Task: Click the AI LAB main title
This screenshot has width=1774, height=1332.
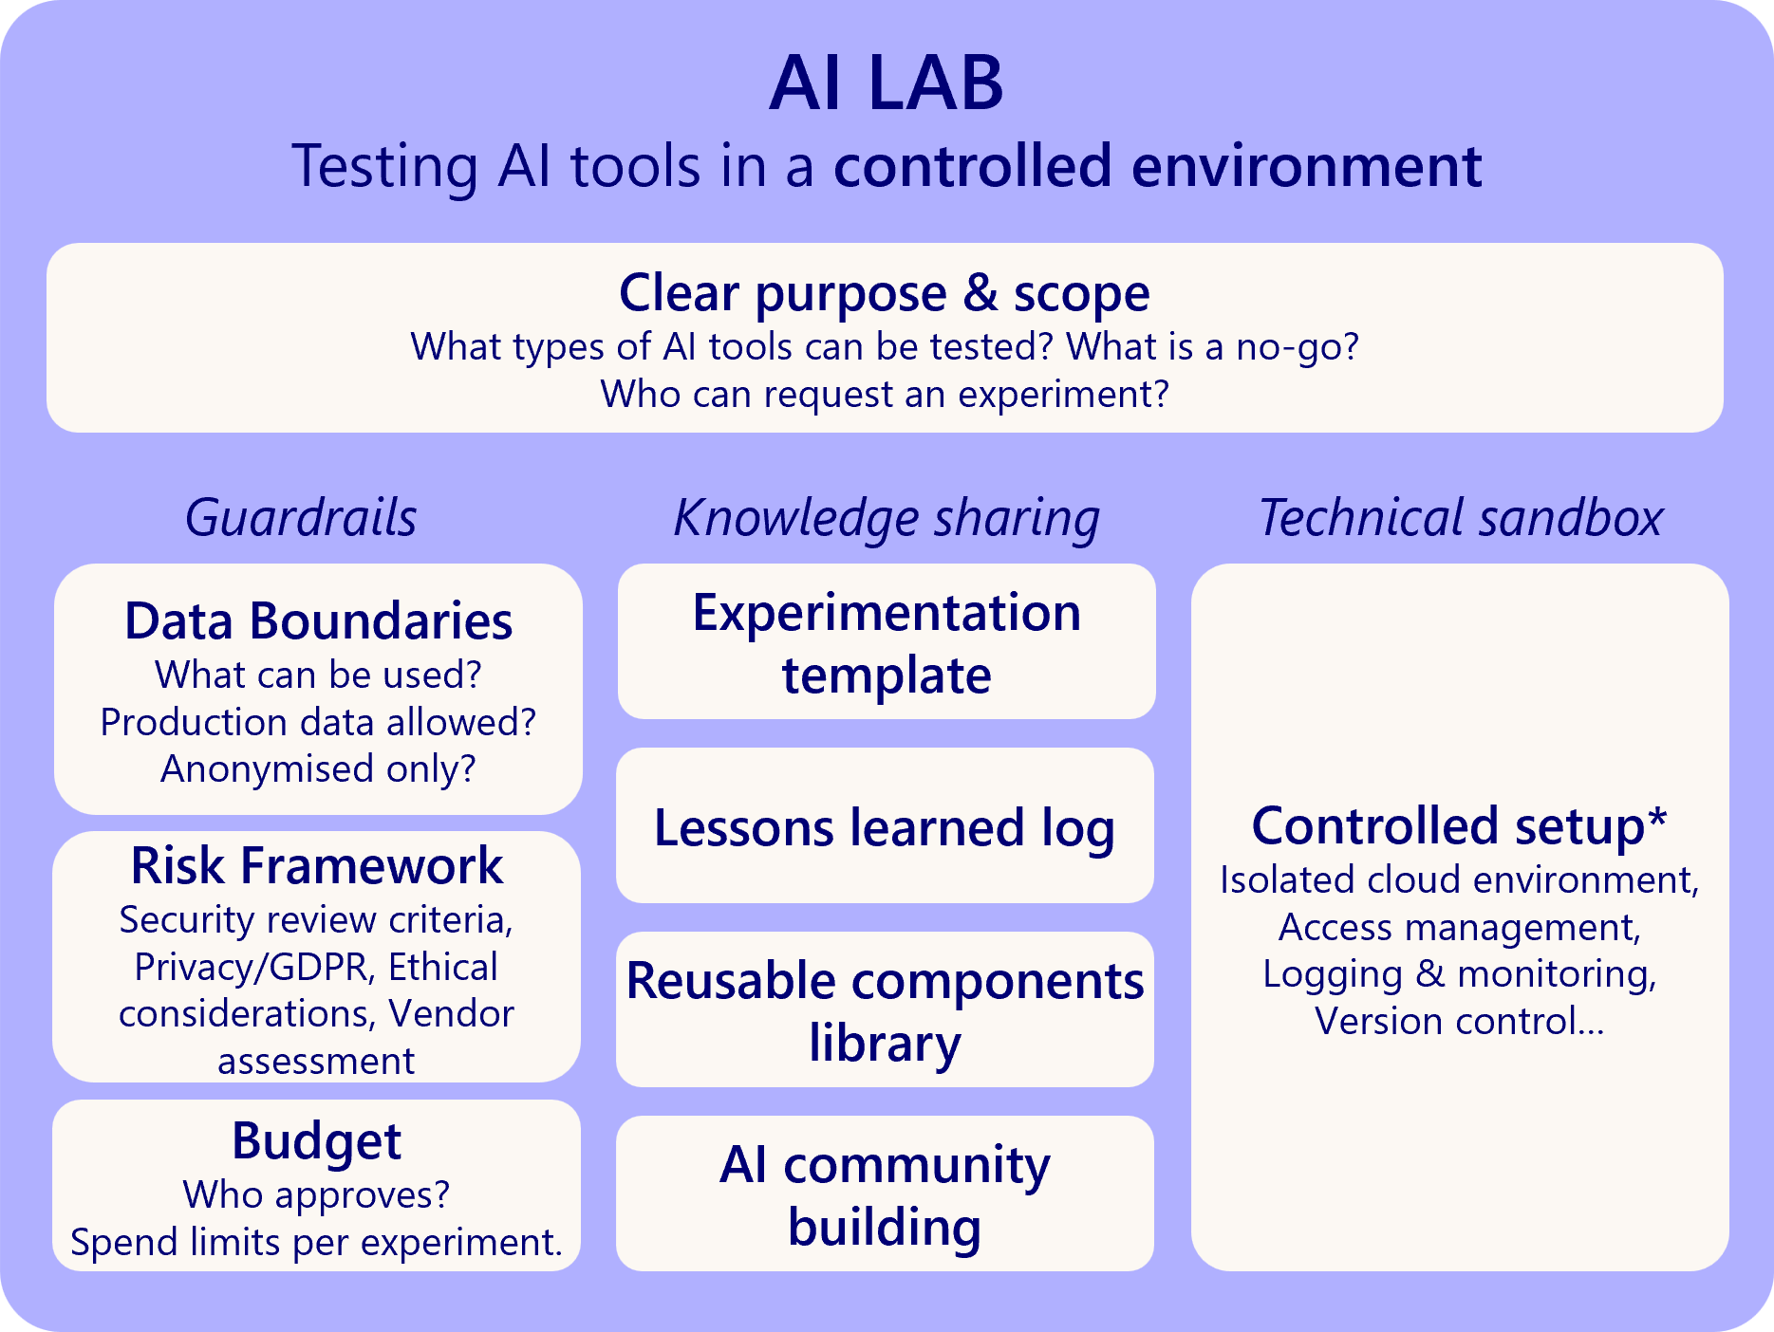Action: (886, 83)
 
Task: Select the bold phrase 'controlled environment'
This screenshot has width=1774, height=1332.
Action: (1157, 166)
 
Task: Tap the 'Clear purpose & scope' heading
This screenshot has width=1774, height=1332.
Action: (884, 293)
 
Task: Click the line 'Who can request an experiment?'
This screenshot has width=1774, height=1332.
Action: (884, 394)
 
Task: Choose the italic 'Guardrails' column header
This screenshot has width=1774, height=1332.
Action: (301, 518)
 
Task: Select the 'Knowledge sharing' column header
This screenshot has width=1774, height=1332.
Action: (886, 519)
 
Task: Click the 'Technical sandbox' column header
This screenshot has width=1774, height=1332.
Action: (1460, 518)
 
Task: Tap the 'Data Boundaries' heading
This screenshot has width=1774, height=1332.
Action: (318, 621)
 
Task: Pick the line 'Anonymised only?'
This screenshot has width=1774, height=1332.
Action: (318, 768)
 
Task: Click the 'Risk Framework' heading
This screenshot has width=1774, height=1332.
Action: (317, 865)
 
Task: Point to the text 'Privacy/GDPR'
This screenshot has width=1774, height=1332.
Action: (250, 967)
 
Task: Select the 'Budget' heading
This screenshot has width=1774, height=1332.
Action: (316, 1140)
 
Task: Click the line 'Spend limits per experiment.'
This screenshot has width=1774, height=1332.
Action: (316, 1242)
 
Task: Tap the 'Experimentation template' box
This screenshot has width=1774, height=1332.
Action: (887, 642)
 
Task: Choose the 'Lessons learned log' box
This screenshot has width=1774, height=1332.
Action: (885, 826)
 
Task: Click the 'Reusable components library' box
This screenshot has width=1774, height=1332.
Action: (885, 1010)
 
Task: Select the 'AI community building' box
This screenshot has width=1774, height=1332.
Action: (885, 1194)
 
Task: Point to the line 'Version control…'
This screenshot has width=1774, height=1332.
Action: (1459, 1021)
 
